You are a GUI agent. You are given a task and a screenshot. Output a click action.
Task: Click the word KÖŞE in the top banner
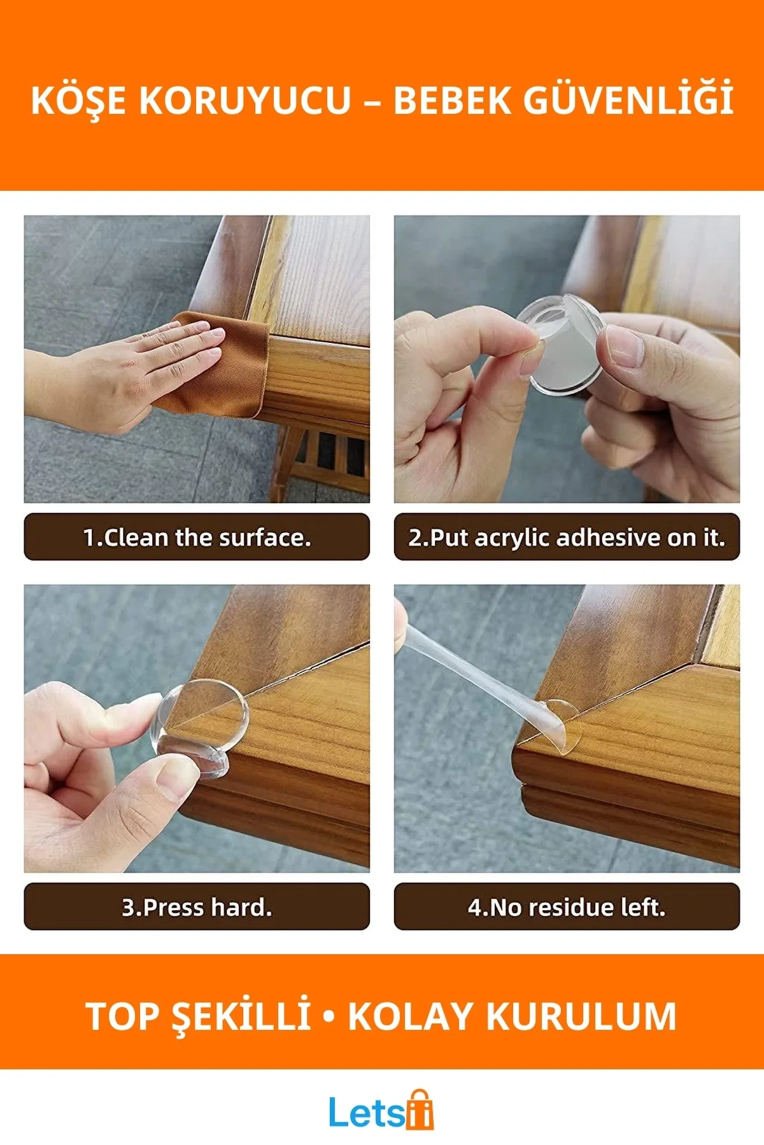click(x=78, y=101)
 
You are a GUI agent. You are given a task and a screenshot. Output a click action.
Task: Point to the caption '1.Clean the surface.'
click(x=197, y=538)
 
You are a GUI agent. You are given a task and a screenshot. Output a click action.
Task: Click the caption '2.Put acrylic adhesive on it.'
click(x=567, y=538)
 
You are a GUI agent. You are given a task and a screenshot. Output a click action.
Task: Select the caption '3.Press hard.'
click(x=197, y=907)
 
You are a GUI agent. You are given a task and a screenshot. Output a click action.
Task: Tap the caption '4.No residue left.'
click(x=567, y=907)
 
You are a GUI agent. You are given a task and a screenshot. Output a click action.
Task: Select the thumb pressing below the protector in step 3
click(x=175, y=779)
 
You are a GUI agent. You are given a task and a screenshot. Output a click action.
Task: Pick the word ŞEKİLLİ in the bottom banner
click(x=242, y=1017)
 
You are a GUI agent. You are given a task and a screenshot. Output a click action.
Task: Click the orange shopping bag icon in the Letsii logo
click(x=420, y=1110)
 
